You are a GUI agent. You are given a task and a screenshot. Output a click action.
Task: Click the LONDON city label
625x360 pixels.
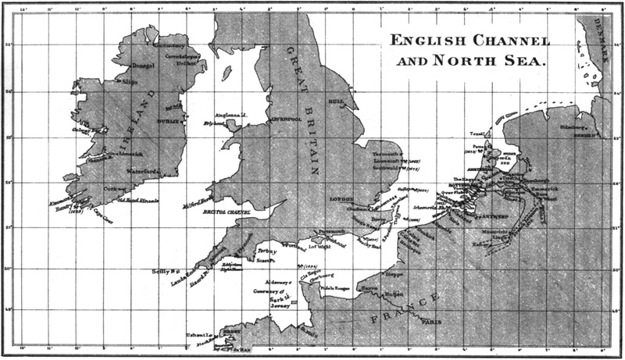point(342,199)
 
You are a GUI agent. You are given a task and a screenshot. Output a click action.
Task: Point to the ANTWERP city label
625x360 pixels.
point(489,216)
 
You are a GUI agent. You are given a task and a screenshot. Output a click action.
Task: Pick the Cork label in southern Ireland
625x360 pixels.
point(115,188)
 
